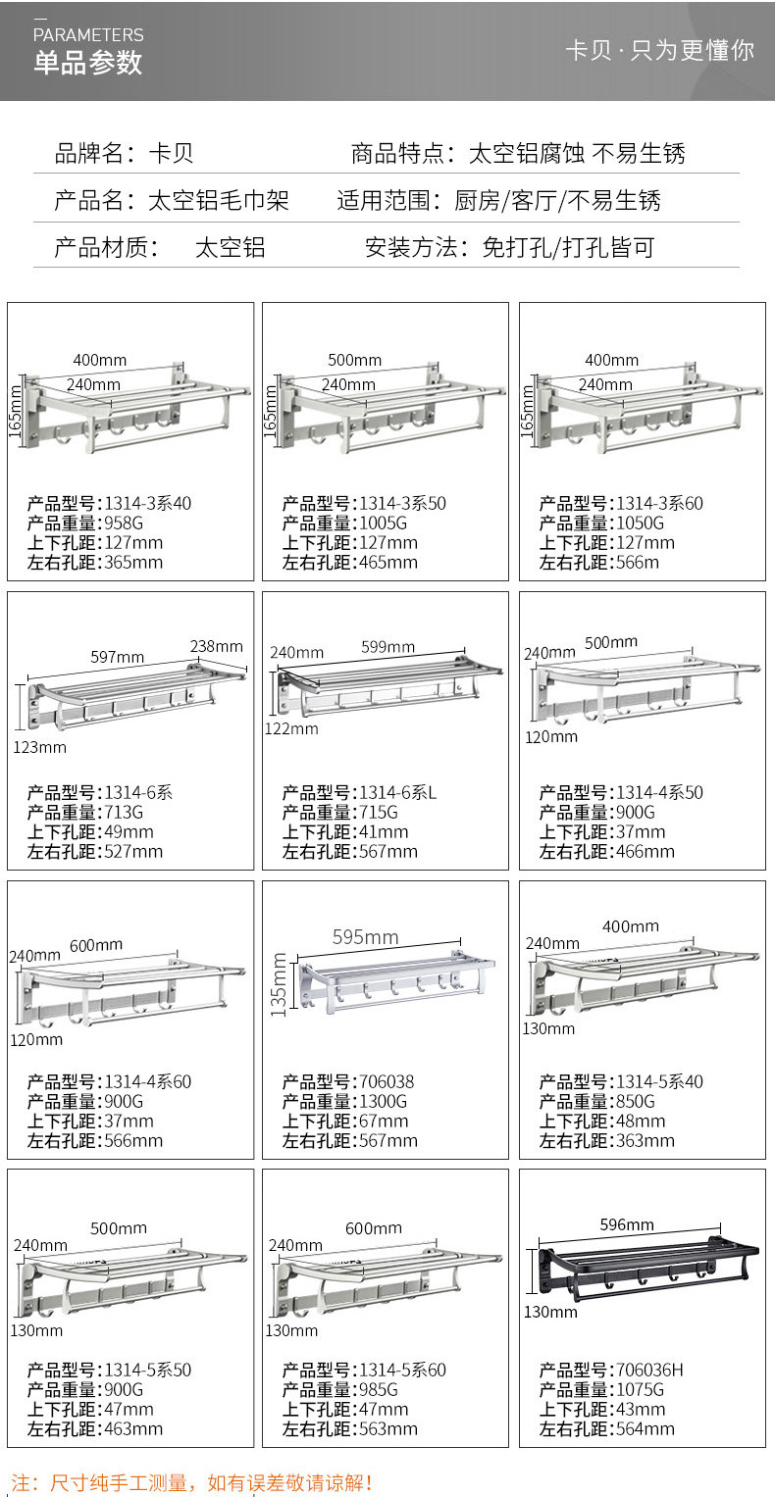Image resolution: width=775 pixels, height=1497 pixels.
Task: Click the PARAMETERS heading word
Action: [88, 34]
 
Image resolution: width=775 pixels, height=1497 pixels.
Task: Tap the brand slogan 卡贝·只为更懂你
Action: [659, 50]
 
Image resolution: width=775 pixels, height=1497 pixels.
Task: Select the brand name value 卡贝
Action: [171, 153]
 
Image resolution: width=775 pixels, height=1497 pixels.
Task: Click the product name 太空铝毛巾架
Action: [218, 201]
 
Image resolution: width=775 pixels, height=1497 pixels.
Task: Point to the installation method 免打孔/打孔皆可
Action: [568, 247]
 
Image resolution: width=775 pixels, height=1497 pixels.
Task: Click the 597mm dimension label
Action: [118, 657]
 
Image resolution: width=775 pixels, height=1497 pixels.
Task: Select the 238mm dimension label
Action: [216, 646]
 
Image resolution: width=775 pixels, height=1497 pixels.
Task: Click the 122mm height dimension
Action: [291, 728]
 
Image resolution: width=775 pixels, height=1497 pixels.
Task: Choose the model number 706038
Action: [387, 1082]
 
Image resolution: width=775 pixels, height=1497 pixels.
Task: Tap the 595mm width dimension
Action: [365, 937]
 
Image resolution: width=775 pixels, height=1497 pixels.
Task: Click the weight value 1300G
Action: [383, 1102]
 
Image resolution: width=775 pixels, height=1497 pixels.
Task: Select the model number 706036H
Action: [648, 1371]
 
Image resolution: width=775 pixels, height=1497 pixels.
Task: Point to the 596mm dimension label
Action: [627, 1224]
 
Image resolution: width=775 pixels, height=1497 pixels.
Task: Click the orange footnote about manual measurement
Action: [192, 1483]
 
